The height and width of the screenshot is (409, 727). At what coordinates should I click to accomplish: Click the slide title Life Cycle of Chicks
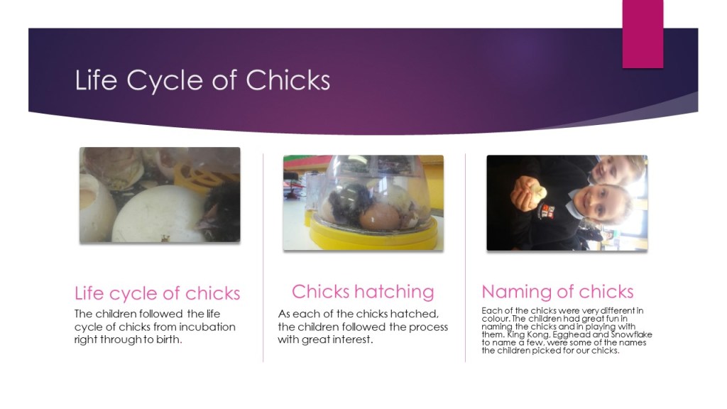pyautogui.click(x=202, y=80)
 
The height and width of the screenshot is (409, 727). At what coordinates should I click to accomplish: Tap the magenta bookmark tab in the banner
pyautogui.click(x=643, y=34)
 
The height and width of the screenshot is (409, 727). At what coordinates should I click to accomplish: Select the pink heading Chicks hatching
pyautogui.click(x=363, y=292)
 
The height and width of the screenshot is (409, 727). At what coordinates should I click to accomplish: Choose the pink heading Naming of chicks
pyautogui.click(x=558, y=292)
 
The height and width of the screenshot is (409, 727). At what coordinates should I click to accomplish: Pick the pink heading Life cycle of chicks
pyautogui.click(x=157, y=293)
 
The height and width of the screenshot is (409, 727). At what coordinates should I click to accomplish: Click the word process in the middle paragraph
pyautogui.click(x=427, y=327)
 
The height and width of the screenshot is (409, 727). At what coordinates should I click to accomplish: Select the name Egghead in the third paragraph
pyautogui.click(x=570, y=334)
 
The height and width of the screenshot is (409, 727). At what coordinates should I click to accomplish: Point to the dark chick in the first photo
pyautogui.click(x=221, y=212)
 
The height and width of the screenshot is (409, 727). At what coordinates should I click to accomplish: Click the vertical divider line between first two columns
pyautogui.click(x=263, y=258)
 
